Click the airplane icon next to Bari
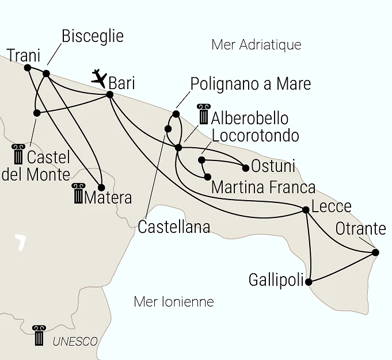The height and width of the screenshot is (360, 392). [x=100, y=78]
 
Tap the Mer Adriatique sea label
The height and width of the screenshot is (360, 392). [x=256, y=45]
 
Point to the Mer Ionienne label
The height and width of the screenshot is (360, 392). [x=173, y=301]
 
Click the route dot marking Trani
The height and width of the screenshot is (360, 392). [x=28, y=67]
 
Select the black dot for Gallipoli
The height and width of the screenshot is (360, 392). [x=309, y=282]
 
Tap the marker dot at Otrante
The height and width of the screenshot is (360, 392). [x=375, y=252]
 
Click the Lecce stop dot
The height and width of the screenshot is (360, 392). [x=306, y=210]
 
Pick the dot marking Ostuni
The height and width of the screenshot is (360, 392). [x=246, y=168]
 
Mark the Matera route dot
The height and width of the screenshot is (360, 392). [x=101, y=187]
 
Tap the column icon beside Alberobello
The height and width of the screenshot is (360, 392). [x=204, y=114]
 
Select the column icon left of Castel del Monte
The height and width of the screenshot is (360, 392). [x=18, y=154]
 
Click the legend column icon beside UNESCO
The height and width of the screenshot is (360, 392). [x=39, y=335]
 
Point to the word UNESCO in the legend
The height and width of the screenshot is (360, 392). [x=75, y=341]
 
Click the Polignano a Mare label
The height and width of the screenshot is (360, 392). [x=250, y=84]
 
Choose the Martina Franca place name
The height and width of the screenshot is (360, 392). [x=263, y=187]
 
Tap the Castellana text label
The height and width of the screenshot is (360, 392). [x=174, y=227]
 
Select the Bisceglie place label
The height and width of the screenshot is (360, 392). [x=92, y=37]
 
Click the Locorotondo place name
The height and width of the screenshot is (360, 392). [x=256, y=136]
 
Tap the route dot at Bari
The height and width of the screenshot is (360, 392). [x=110, y=94]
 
